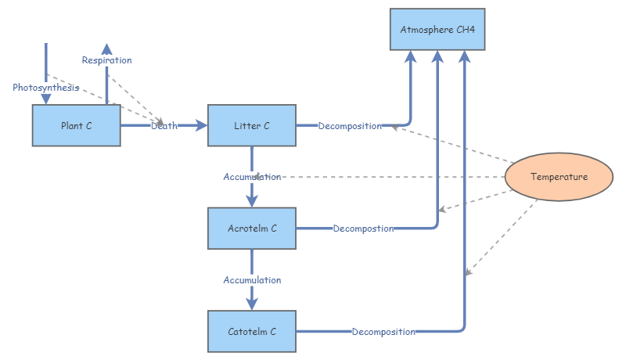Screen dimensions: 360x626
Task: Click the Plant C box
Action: coord(76,125)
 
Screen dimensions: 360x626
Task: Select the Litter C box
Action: coord(251,125)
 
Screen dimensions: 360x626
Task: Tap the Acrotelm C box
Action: coord(251,229)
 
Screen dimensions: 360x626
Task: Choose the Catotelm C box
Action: coord(251,331)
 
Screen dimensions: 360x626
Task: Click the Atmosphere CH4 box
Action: coord(437,30)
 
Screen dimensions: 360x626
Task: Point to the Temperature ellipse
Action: coord(558,177)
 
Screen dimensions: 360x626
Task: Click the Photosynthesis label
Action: coord(45,88)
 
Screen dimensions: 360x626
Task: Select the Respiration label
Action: coord(106,60)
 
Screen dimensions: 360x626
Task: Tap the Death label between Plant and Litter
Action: coord(164,125)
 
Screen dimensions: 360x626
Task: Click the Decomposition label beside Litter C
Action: coord(350,126)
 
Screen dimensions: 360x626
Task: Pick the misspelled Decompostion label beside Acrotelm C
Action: coord(363,229)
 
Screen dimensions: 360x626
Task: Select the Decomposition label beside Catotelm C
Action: coord(383,332)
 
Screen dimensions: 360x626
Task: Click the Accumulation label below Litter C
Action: coord(252,177)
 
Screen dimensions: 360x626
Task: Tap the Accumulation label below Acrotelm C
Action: coord(252,280)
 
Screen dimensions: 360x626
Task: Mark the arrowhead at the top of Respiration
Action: coord(106,49)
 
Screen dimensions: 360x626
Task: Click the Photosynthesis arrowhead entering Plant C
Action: coord(45,99)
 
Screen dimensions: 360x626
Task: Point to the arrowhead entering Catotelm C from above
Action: coord(252,303)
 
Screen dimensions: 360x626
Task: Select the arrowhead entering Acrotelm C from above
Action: coord(252,200)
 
